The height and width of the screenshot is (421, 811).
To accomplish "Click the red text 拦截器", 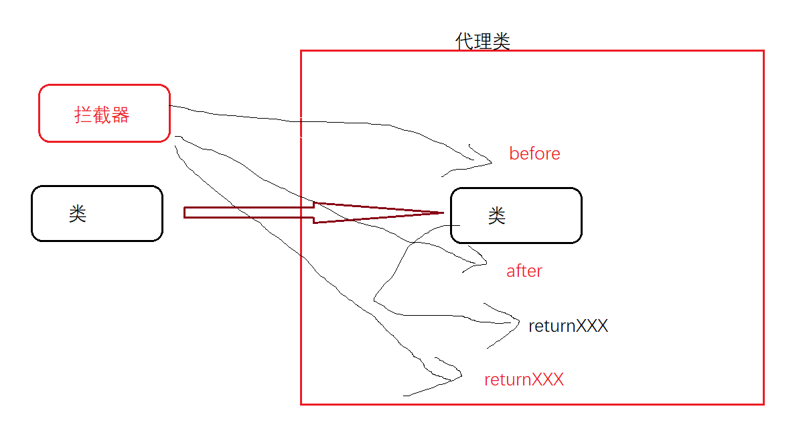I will pos(102,115).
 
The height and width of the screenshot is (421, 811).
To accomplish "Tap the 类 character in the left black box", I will pos(78,214).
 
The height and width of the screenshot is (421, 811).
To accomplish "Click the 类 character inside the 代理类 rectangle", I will pos(497,216).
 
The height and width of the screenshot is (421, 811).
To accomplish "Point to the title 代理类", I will pos(483,42).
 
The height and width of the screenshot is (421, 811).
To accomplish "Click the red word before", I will pos(534,154).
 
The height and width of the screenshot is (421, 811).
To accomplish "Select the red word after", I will pos(524,271).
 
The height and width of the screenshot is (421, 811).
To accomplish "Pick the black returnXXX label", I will pos(568,326).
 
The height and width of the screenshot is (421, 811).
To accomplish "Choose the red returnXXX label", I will pos(524,380).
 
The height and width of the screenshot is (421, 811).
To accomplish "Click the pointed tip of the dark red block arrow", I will pos(443,213).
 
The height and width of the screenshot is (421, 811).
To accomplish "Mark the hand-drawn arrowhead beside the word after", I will pos(485,264).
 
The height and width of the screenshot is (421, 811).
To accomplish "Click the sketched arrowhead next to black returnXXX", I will pos(518,322).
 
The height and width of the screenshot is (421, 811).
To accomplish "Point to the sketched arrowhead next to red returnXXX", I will pos(460,377).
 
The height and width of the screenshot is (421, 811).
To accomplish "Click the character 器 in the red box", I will pos(121,115).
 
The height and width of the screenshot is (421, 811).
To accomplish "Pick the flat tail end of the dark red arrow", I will pos(185,213).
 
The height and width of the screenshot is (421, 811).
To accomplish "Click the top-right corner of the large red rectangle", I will pos(763,51).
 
